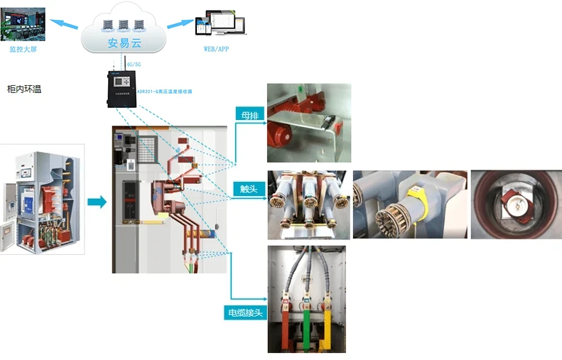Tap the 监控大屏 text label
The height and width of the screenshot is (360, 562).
(x=25, y=49)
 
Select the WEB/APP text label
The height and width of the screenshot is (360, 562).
(x=216, y=48)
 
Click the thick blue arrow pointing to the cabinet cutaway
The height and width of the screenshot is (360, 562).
(x=97, y=202)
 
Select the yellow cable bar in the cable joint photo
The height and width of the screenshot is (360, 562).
(x=328, y=327)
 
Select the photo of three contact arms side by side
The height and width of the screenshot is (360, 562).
(x=308, y=204)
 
